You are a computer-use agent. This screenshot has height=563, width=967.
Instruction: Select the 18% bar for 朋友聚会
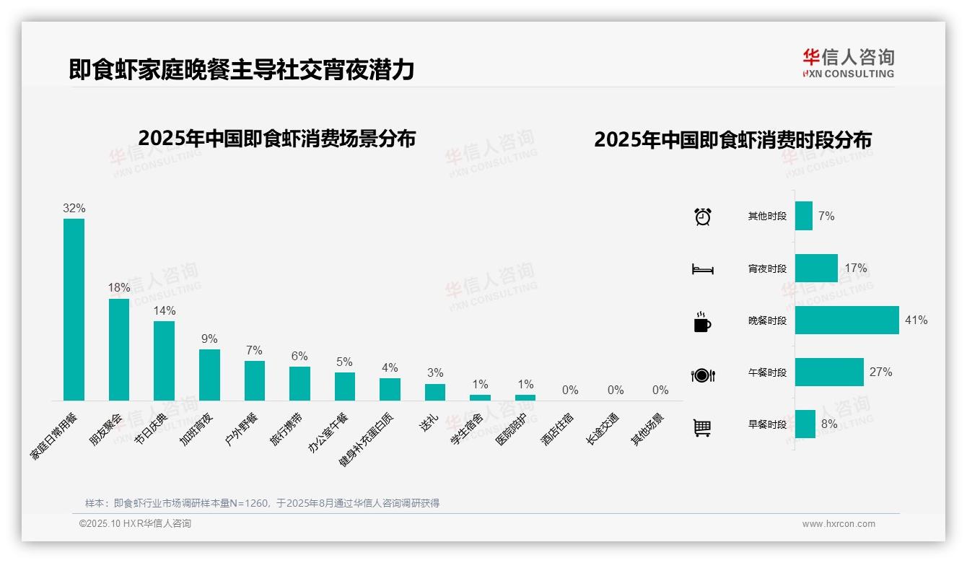point(119,349)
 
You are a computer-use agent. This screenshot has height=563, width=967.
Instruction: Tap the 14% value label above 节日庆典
point(164,311)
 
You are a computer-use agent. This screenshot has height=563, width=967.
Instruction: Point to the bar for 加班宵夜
point(209,375)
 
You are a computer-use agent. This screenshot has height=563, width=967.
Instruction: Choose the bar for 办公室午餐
point(345,386)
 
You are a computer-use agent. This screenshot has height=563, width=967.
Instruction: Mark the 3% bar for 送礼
point(435,392)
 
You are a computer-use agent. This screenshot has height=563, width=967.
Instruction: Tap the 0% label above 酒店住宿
point(570,390)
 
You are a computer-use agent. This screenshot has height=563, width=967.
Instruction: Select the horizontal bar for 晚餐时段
point(846,320)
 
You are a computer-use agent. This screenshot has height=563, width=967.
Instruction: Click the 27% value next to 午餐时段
point(880,372)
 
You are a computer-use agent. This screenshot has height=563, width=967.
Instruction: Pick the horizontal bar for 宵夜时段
point(816,269)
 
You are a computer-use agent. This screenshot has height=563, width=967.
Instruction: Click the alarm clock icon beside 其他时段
point(702,217)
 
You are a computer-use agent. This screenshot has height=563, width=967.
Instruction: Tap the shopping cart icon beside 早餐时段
point(702,427)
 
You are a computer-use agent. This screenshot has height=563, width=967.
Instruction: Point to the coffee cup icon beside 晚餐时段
point(702,322)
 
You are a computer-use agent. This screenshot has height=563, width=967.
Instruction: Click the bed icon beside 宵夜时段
point(702,269)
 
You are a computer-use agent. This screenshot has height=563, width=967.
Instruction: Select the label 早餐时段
point(767,425)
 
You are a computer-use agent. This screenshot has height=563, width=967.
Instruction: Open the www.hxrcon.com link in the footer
point(839,524)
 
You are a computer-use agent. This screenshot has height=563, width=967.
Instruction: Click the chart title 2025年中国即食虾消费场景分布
point(276,139)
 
